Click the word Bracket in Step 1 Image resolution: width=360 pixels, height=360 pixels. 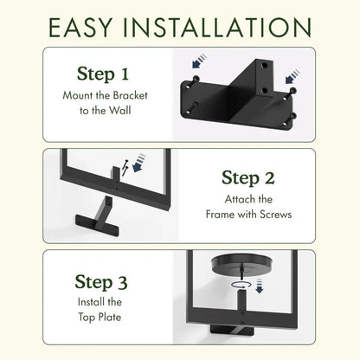point(131,94)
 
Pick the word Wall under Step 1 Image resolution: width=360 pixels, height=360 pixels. point(119,110)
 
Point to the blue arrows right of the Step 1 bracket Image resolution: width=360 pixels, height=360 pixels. point(293,75)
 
